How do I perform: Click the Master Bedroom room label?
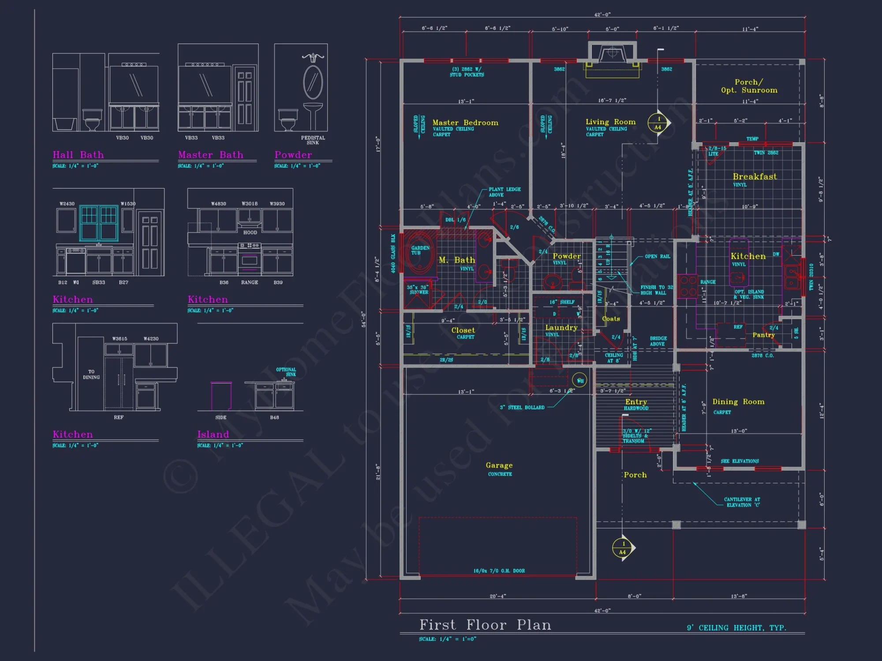tap(465, 123)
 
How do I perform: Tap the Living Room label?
tap(610, 122)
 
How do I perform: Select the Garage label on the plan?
tap(499, 465)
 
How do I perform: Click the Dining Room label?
tap(738, 402)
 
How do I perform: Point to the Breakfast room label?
tap(755, 177)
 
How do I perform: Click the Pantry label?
tap(763, 335)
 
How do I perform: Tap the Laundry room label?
tap(561, 328)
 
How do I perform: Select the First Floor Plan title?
tap(485, 625)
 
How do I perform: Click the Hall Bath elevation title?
tap(78, 155)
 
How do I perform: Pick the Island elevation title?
tap(213, 434)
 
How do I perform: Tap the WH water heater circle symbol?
tap(579, 380)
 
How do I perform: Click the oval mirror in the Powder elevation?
tap(313, 82)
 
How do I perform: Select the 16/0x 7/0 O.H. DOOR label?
tap(499, 571)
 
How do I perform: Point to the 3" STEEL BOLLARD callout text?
tap(522, 408)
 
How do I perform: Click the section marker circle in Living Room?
tap(658, 123)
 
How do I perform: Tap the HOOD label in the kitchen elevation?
tap(250, 232)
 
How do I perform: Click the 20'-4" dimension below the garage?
tap(498, 596)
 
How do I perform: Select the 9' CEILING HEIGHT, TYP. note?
tap(736, 628)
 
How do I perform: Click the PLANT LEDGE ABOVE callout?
tap(505, 192)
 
